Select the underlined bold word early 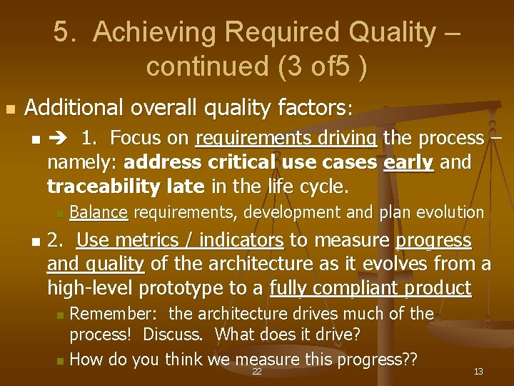click(x=408, y=162)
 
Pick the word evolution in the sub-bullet click(x=450, y=212)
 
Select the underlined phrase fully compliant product click(x=371, y=288)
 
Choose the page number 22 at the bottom click(x=257, y=372)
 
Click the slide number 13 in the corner click(x=478, y=372)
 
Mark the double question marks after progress click(x=409, y=359)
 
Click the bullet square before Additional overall click(x=9, y=109)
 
